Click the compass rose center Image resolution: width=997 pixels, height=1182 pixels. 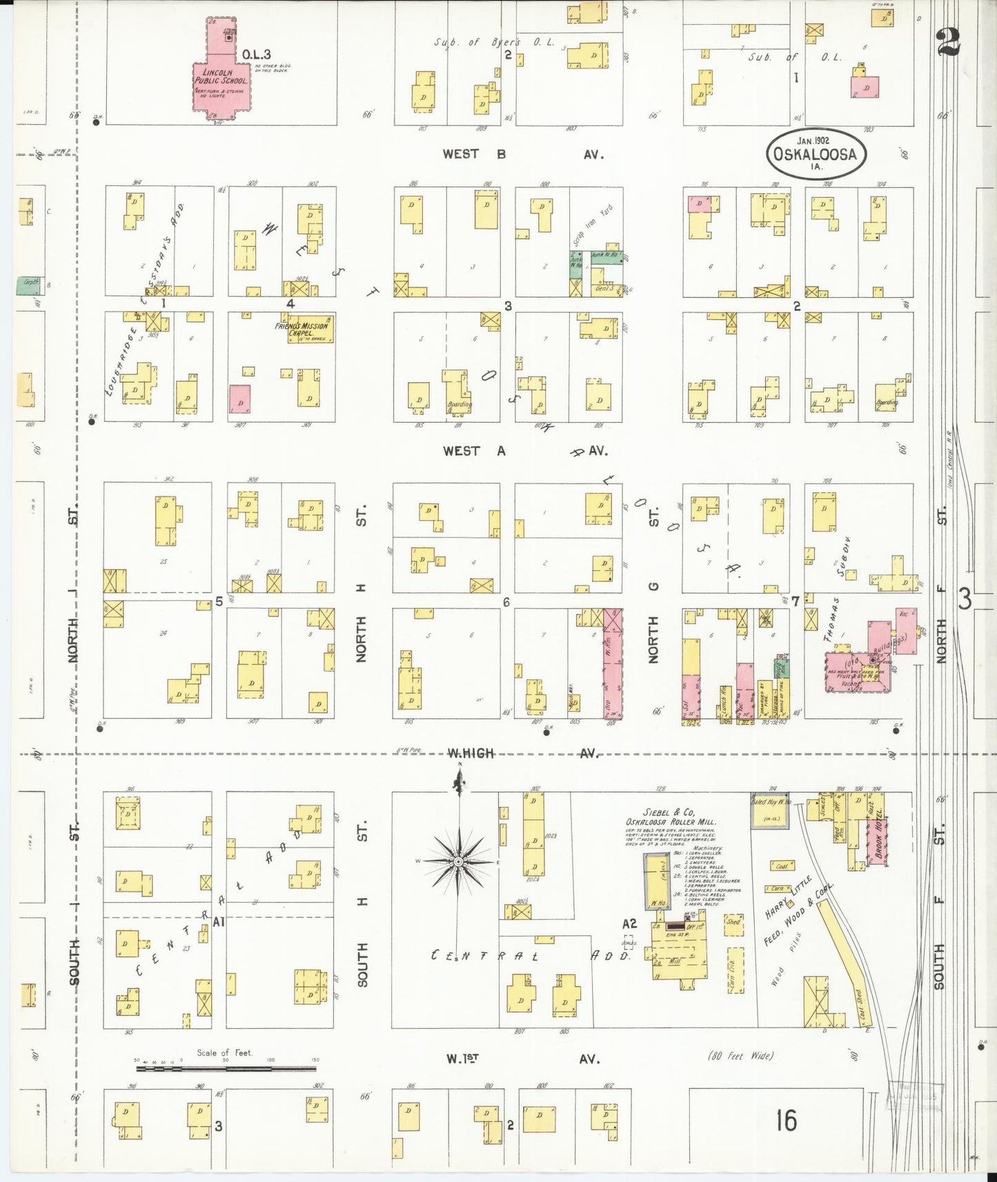(458, 862)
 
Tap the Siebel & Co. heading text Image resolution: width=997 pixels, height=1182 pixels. (680, 812)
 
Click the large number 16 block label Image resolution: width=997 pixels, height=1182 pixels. (785, 1121)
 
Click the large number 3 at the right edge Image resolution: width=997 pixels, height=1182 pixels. (964, 599)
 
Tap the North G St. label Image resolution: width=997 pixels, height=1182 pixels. (653, 586)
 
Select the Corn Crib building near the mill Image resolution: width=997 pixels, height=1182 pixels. (733, 969)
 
